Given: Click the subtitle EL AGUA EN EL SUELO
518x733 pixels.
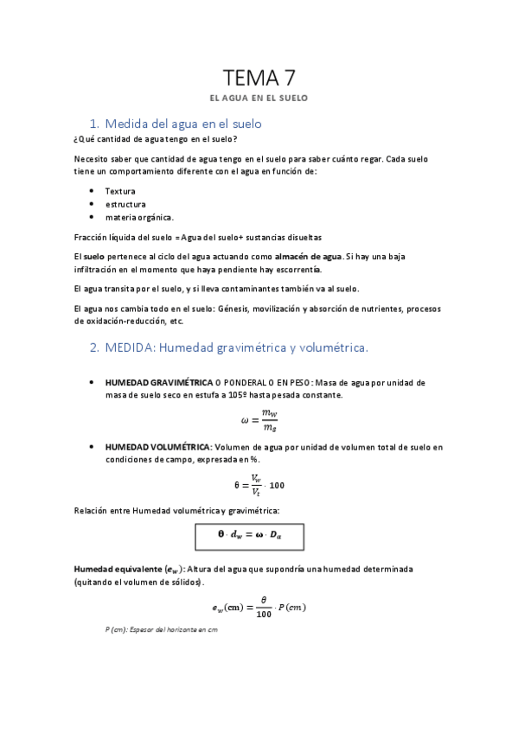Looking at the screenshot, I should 259,99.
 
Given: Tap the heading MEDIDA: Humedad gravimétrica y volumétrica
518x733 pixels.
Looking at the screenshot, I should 229,347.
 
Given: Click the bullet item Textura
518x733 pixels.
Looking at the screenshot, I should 120,191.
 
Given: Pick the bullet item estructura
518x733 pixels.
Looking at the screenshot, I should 125,204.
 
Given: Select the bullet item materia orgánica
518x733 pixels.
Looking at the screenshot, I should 139,217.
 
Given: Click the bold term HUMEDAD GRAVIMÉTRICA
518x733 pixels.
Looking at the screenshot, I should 158,382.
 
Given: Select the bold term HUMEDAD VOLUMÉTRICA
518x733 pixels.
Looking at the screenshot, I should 157,447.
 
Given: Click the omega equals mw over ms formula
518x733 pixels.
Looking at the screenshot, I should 259,421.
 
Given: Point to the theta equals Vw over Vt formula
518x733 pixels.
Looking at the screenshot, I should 259,485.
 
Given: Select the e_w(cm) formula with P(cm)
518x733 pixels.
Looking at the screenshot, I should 259,607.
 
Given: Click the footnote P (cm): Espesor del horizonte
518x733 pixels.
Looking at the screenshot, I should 160,630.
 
